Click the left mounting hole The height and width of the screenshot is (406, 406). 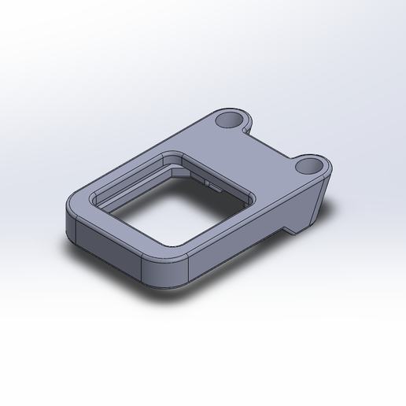pos(230,119)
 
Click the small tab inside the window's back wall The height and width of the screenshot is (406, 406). pos(211,184)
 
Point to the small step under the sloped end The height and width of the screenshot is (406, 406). pos(290,231)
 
